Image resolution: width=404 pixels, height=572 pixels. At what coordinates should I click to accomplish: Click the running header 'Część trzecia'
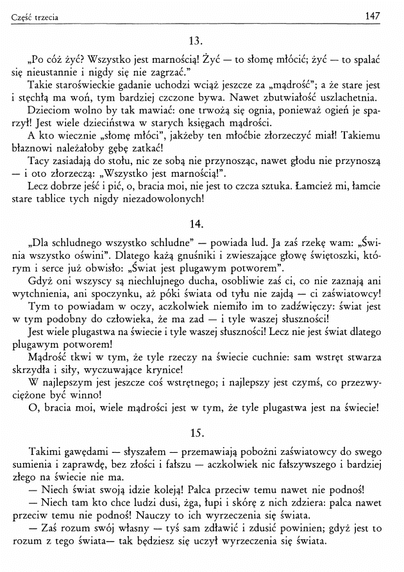click(35, 17)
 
